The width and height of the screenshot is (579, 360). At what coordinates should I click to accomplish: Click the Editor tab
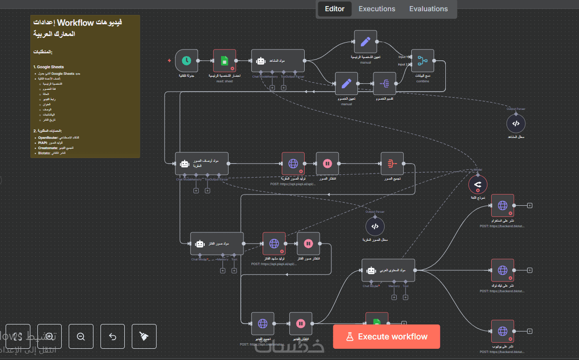click(x=335, y=9)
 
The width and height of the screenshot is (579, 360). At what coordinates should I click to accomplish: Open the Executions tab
click(x=377, y=9)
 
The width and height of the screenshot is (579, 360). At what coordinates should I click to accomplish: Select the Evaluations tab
click(x=428, y=9)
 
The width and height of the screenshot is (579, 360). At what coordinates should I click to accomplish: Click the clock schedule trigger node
click(x=186, y=61)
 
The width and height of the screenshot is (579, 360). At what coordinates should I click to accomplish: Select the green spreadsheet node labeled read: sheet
click(x=224, y=61)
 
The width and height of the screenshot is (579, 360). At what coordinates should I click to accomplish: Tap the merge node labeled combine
click(x=422, y=61)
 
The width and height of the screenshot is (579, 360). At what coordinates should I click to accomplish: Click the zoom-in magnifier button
click(x=50, y=336)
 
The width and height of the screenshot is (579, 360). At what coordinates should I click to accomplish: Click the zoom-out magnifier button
click(x=81, y=336)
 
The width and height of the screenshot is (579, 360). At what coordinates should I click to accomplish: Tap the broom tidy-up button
click(x=144, y=336)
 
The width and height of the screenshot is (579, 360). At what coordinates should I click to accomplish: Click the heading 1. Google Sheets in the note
click(x=49, y=67)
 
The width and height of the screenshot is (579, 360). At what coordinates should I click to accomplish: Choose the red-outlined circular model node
click(x=478, y=186)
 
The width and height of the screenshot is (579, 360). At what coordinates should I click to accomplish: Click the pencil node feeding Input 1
click(x=365, y=42)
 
